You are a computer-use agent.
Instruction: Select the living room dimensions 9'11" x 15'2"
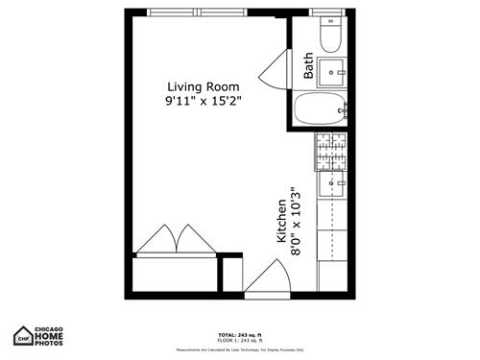point(203,100)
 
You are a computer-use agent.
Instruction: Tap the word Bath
point(308,66)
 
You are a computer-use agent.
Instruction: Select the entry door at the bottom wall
point(267,280)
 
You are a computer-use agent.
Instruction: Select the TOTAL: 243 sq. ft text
point(239,335)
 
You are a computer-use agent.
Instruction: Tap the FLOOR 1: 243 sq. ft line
point(239,341)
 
